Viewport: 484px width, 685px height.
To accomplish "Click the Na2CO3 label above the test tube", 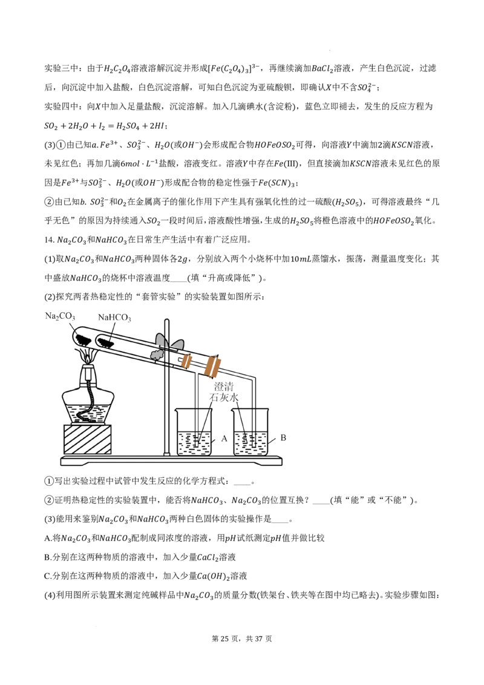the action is [x=60, y=316].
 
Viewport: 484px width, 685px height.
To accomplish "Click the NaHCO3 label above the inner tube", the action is [x=114, y=318].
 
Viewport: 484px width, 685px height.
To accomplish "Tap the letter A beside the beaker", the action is [x=224, y=438].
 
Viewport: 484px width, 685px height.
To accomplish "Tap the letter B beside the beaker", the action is [x=283, y=438].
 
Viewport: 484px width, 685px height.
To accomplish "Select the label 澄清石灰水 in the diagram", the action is [x=224, y=392].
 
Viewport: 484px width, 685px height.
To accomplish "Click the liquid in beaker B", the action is [x=250, y=442].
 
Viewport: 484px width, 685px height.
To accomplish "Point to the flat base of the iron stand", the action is [x=171, y=460].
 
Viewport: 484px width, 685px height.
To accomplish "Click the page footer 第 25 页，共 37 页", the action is [x=241, y=638].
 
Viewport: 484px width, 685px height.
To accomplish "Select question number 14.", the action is [x=49, y=240].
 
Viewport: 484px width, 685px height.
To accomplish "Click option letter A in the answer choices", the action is [x=48, y=538].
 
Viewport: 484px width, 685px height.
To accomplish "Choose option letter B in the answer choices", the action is [x=48, y=557].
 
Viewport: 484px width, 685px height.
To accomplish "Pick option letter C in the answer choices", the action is [x=48, y=576].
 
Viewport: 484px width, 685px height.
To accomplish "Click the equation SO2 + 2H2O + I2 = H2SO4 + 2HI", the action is [x=105, y=126].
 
